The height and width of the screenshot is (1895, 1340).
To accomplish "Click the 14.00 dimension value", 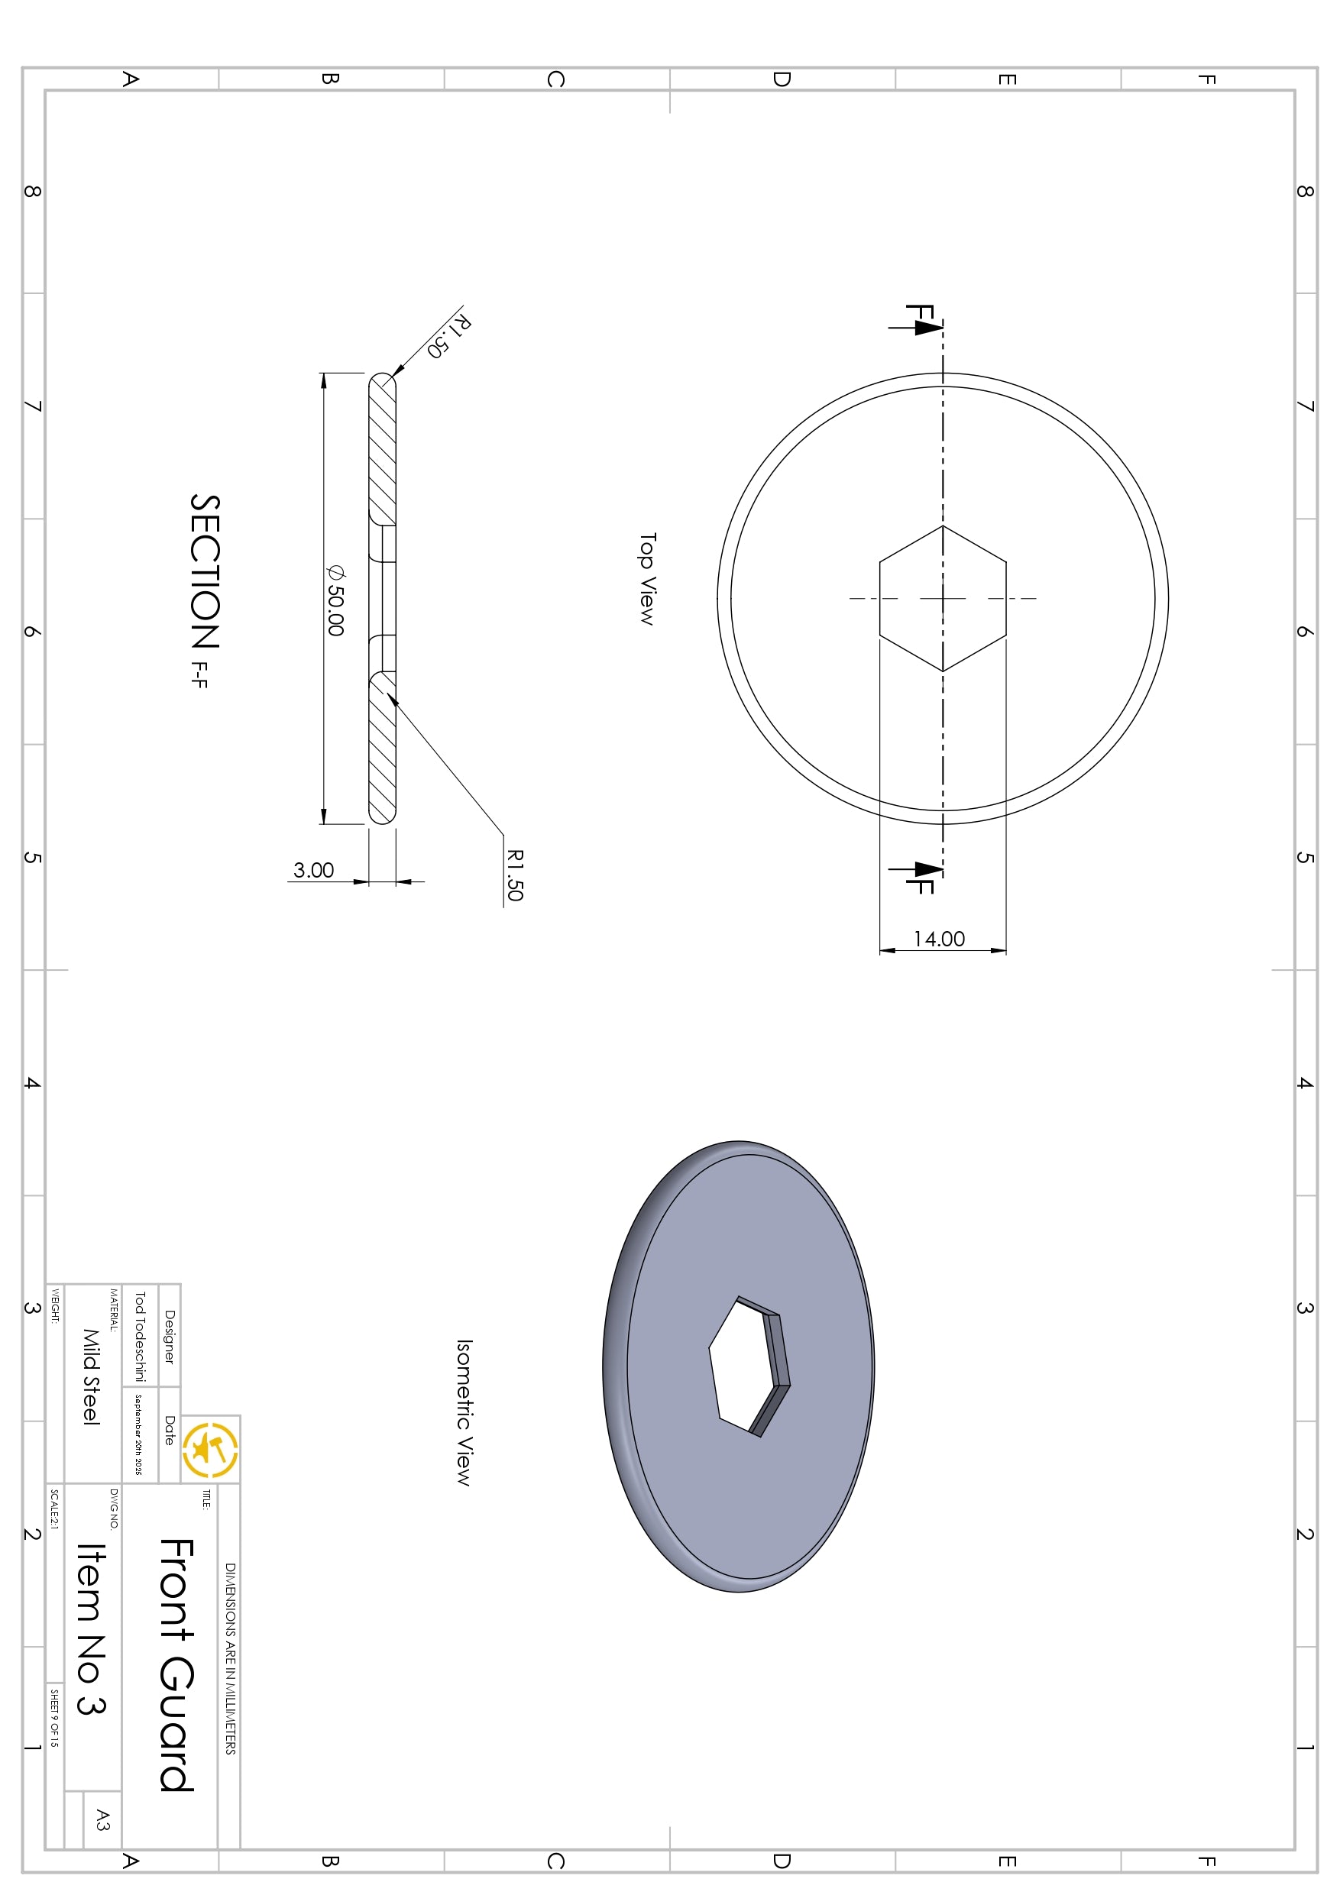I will click(939, 939).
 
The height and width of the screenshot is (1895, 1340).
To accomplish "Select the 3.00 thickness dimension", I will click(314, 871).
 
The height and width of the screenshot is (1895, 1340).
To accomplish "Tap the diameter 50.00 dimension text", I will click(335, 600).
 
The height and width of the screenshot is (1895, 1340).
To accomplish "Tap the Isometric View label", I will click(464, 1412).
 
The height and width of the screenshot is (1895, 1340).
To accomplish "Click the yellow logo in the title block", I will click(211, 1449).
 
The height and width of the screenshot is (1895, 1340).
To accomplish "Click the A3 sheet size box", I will click(102, 1819).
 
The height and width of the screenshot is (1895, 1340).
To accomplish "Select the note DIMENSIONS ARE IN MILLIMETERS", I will click(231, 1658).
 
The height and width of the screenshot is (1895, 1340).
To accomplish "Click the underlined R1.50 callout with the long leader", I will click(514, 875).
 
